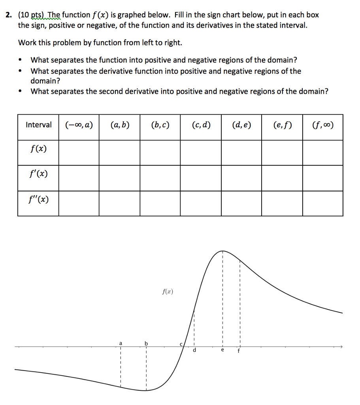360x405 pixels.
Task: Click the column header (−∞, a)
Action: [x=79, y=125]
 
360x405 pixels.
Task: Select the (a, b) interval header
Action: [x=120, y=125]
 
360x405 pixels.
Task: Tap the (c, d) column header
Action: [x=201, y=125]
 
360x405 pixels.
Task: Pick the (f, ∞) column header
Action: [x=322, y=125]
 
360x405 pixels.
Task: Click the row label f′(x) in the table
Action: [x=38, y=174]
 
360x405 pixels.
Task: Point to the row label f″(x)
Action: [x=38, y=199]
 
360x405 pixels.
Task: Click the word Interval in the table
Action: [x=38, y=125]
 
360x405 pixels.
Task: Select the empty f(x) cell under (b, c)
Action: [x=160, y=152]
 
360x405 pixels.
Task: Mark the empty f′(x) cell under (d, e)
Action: [x=241, y=178]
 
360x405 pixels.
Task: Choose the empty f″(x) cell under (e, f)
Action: [x=282, y=203]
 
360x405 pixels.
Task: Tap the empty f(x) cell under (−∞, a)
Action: [x=79, y=152]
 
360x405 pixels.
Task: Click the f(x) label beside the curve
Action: [x=168, y=292]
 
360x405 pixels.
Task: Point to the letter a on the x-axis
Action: [x=121, y=343]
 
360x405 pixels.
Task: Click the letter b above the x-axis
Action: [x=146, y=343]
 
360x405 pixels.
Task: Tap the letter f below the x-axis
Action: [x=238, y=351]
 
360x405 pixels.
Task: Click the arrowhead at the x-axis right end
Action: [x=341, y=347]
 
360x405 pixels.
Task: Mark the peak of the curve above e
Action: [x=222, y=251]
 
